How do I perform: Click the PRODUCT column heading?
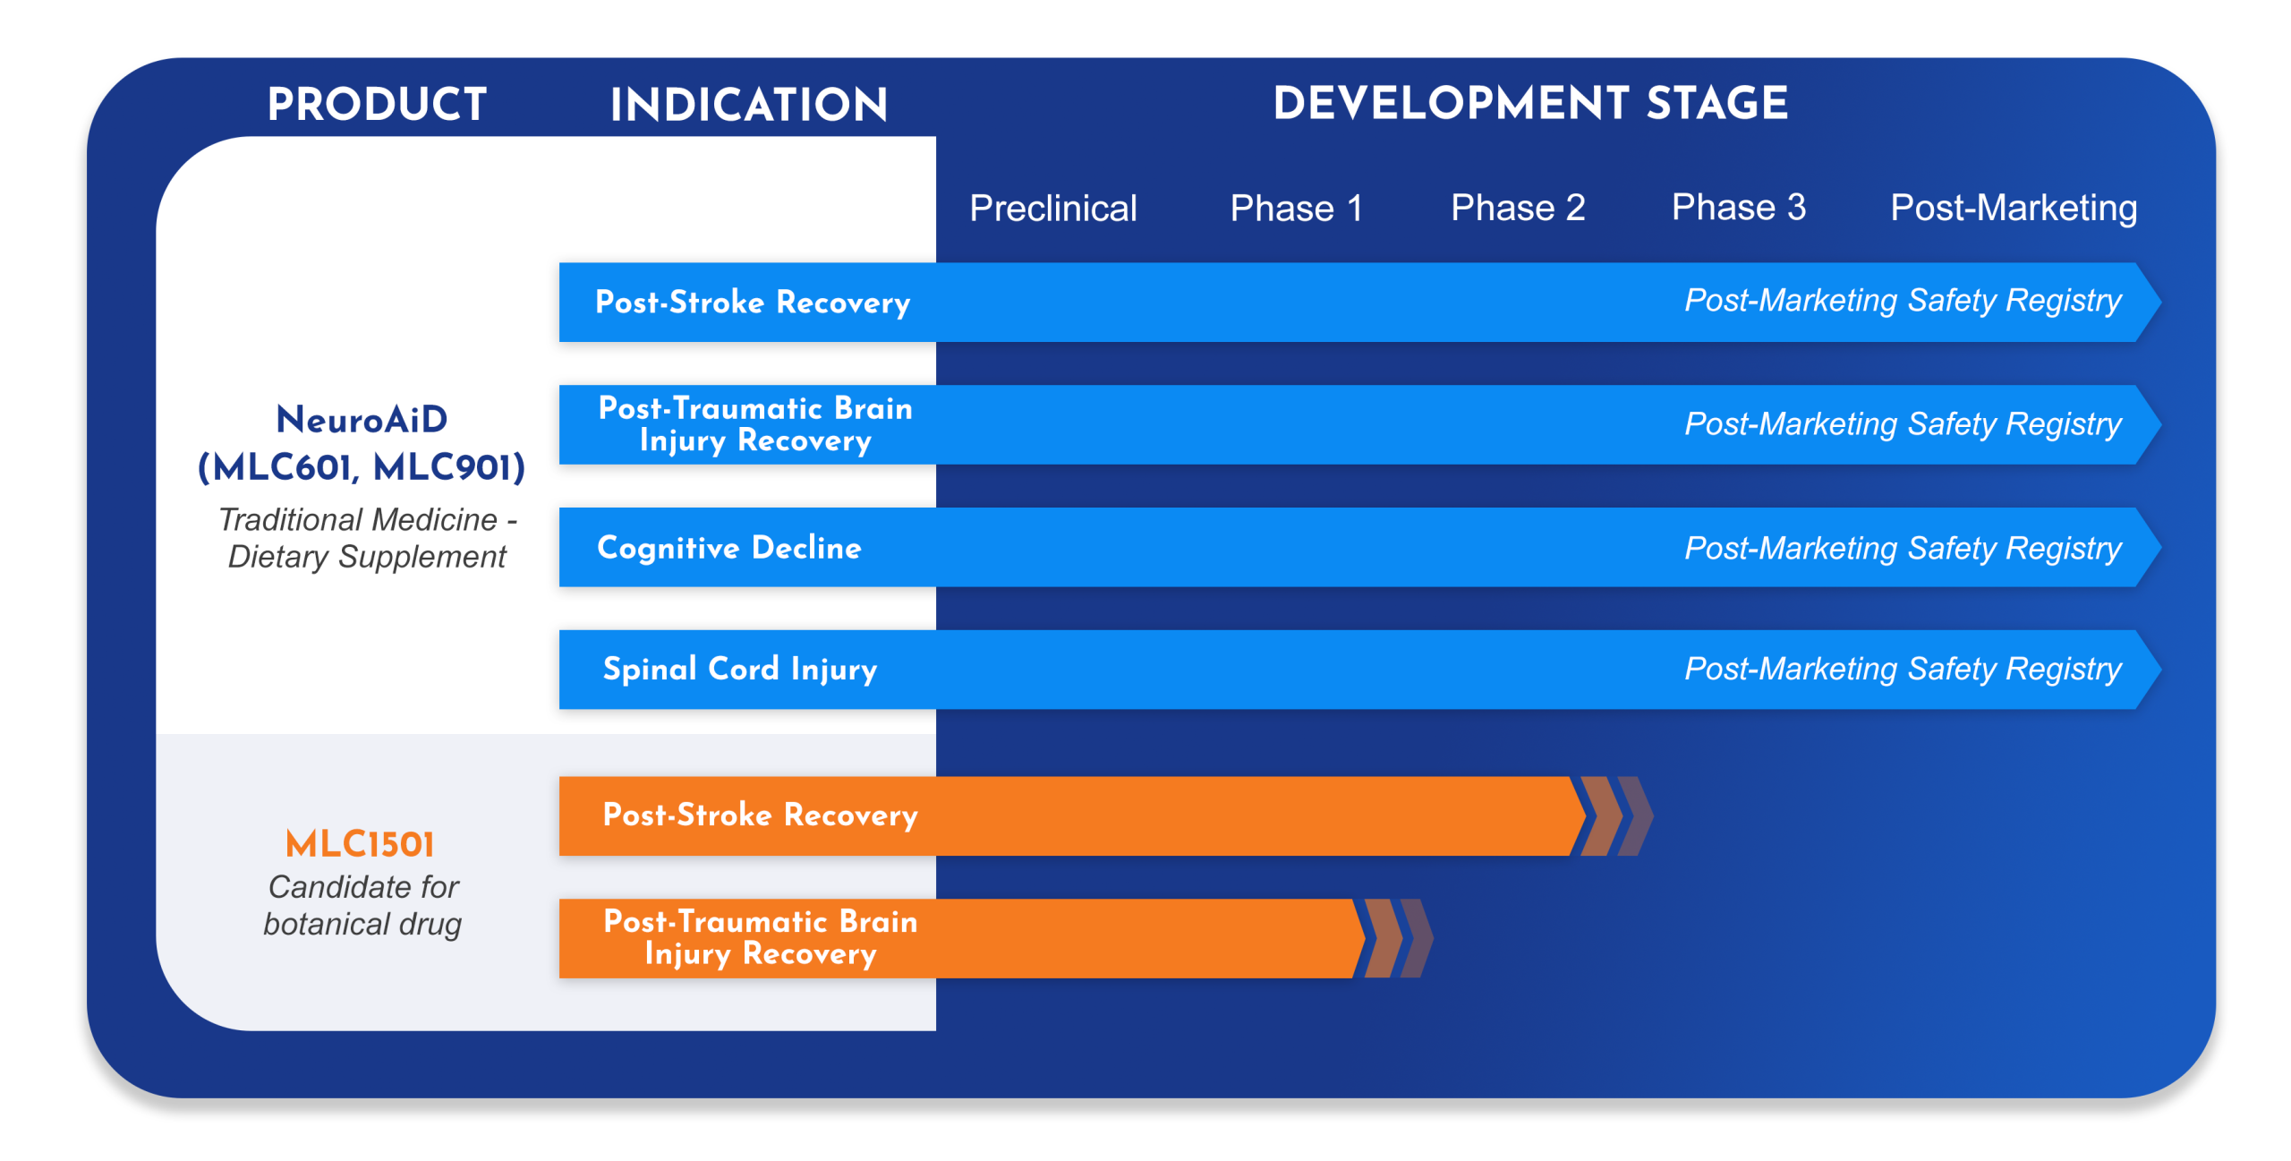pyautogui.click(x=377, y=105)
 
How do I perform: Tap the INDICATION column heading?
pyautogui.click(x=748, y=105)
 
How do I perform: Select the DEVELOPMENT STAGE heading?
pyautogui.click(x=1530, y=103)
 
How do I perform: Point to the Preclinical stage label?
pyautogui.click(x=1052, y=209)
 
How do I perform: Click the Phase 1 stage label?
pyautogui.click(x=1296, y=209)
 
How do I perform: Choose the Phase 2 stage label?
pyautogui.click(x=1518, y=209)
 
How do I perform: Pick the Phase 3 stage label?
pyautogui.click(x=1738, y=208)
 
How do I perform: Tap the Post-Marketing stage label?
pyautogui.click(x=2013, y=209)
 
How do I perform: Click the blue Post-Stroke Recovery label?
pyautogui.click(x=753, y=303)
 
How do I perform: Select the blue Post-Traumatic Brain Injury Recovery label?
pyautogui.click(x=755, y=424)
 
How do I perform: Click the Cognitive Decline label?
pyautogui.click(x=729, y=548)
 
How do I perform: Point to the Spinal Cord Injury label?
pyautogui.click(x=740, y=670)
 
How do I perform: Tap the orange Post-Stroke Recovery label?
pyautogui.click(x=760, y=815)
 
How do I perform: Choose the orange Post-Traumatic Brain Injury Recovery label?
pyautogui.click(x=761, y=937)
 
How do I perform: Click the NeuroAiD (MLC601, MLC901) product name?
pyautogui.click(x=362, y=443)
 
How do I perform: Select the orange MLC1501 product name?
pyautogui.click(x=360, y=844)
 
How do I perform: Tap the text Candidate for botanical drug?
pyautogui.click(x=362, y=906)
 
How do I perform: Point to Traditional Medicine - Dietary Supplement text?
pyautogui.click(x=367, y=538)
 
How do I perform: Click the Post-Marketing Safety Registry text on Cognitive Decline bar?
pyautogui.click(x=1903, y=548)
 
